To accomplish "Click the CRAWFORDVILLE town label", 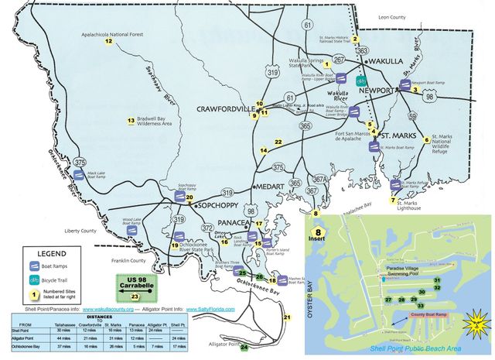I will point(224,108).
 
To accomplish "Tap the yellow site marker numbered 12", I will point(108,42).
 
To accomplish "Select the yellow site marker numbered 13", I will point(131,121).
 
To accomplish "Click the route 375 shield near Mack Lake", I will point(80,162).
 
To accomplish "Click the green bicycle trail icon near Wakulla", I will point(360,80).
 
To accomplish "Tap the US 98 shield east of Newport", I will point(429,97).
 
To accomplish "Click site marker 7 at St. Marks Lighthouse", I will point(393,200).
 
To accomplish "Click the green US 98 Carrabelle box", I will point(135,286).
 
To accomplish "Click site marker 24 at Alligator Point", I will point(244,348).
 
